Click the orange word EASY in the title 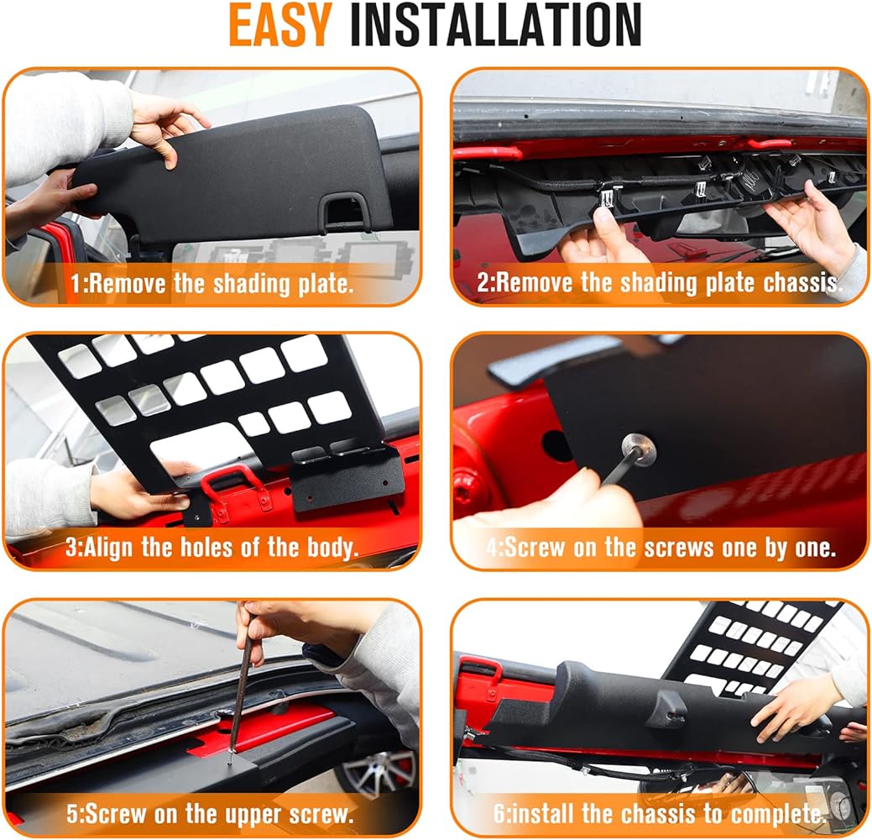[x=280, y=25]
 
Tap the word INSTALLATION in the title [x=496, y=25]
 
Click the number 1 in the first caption [x=76, y=284]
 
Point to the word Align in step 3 [x=108, y=548]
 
